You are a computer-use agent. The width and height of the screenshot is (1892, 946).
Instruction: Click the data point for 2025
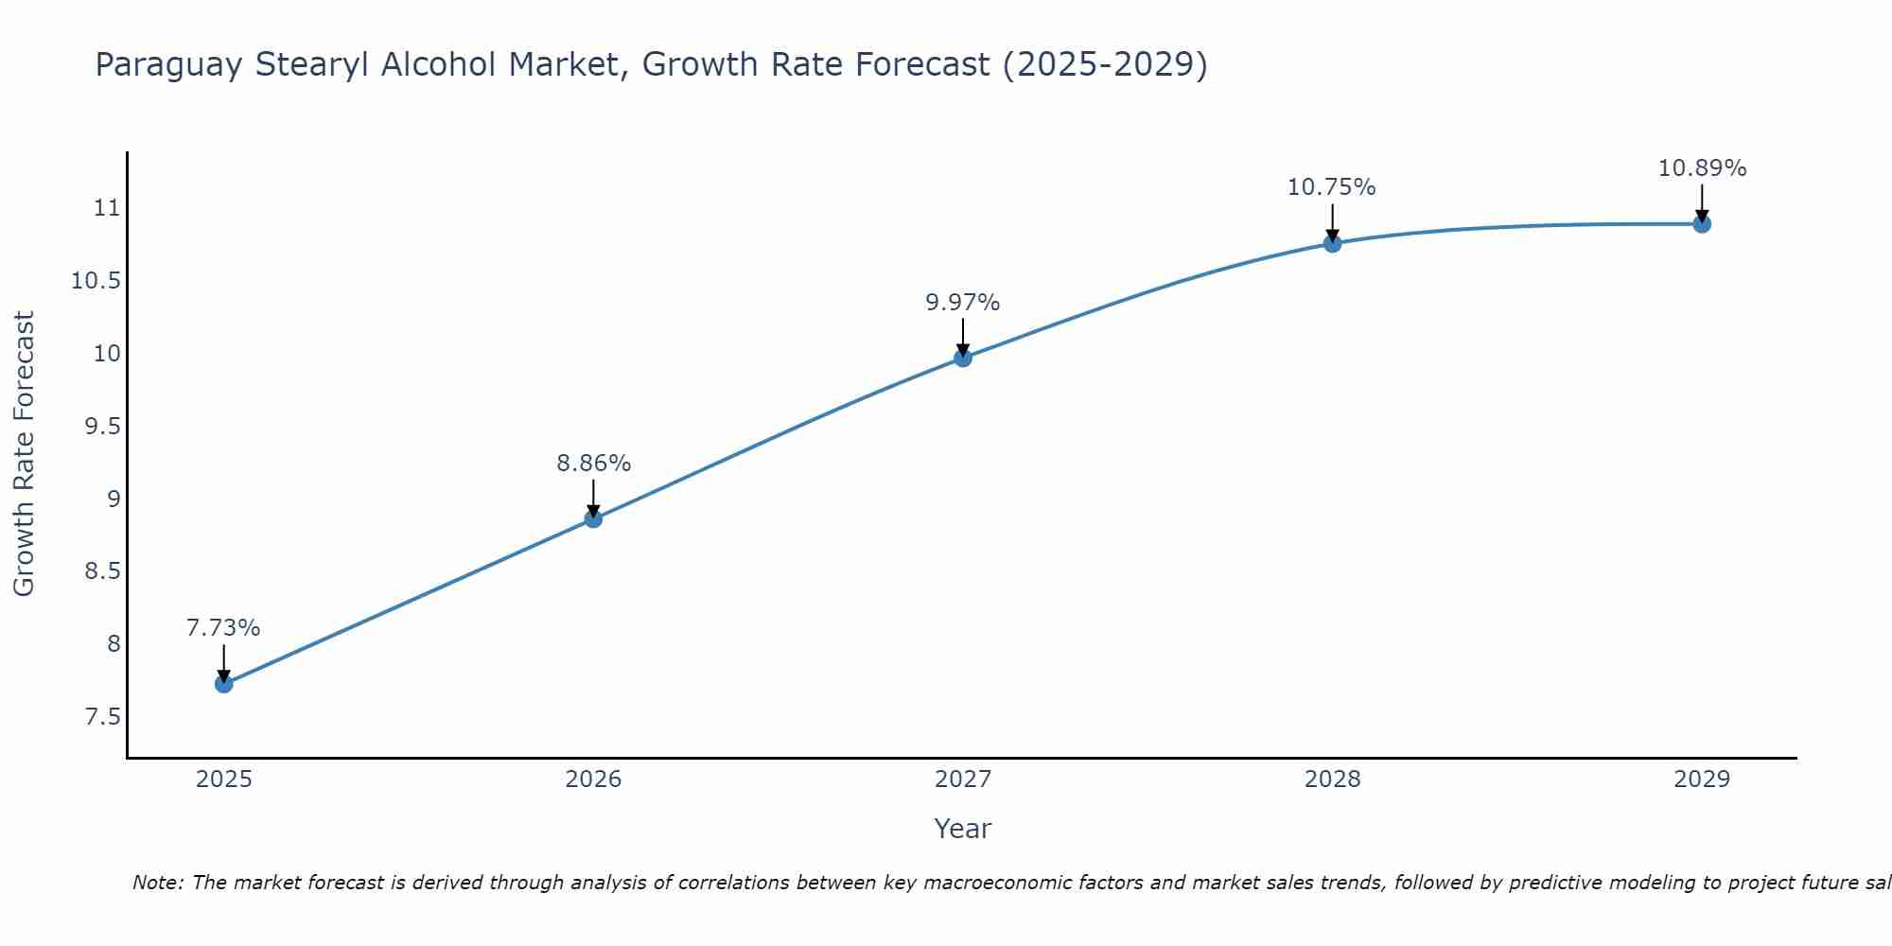point(224,684)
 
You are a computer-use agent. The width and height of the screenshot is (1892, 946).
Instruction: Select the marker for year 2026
point(593,518)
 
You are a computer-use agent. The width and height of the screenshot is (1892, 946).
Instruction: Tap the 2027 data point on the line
point(963,358)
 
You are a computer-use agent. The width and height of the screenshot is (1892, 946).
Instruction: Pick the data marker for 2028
point(1332,243)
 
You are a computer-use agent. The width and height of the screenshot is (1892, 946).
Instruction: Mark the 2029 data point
point(1702,224)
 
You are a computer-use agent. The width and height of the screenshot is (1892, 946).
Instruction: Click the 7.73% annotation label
point(223,628)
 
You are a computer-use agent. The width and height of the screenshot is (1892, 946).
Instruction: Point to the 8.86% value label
point(593,464)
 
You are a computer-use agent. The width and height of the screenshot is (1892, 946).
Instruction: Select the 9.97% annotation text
point(962,303)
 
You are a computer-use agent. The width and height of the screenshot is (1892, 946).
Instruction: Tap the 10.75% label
point(1331,187)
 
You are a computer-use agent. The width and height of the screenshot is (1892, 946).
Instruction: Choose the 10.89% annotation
point(1702,168)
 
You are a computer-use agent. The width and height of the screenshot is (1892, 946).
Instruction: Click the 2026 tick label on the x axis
point(593,780)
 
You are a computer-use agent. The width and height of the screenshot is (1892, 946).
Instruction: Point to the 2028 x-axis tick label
point(1332,780)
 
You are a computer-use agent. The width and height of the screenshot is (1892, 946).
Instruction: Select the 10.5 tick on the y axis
point(96,281)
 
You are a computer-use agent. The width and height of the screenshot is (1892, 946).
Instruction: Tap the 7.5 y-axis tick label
point(103,717)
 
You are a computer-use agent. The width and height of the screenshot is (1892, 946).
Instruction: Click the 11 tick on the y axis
point(108,208)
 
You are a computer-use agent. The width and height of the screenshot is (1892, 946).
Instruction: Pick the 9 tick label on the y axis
point(114,499)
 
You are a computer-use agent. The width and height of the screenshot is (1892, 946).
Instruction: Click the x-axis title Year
point(962,829)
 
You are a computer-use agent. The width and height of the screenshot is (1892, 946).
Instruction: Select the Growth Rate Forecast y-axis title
point(24,454)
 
